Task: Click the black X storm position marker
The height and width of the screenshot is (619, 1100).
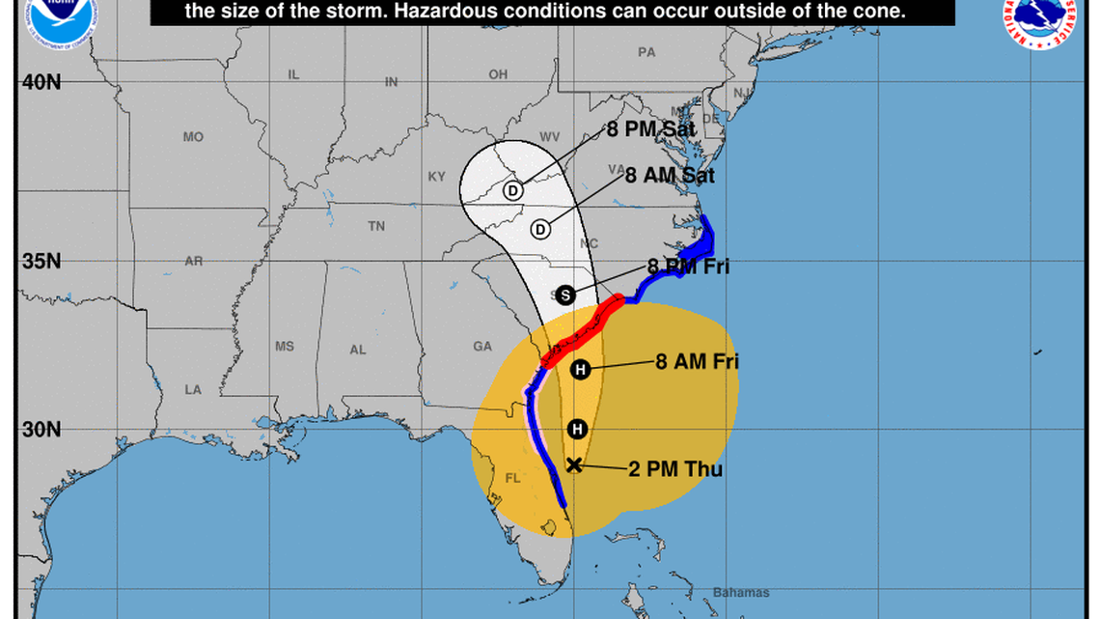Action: coord(574,464)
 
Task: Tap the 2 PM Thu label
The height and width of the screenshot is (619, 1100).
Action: coord(674,469)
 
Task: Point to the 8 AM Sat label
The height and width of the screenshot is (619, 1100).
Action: coord(670,176)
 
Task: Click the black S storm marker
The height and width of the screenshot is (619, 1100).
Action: coord(565,295)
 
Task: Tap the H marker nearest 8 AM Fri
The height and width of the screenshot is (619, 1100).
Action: coord(580,369)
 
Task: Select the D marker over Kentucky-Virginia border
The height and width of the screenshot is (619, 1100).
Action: coord(513,191)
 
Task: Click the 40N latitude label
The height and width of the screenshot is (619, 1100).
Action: coord(41,82)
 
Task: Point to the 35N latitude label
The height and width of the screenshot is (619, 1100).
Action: coord(41,262)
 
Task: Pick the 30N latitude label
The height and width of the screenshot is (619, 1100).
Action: coord(41,430)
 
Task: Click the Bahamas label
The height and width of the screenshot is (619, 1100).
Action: coord(741,592)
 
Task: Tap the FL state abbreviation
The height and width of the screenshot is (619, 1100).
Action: coord(511,478)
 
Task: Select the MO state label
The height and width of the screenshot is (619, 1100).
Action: coord(193,137)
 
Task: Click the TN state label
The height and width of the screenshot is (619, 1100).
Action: coord(376,226)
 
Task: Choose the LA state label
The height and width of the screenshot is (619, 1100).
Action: coord(194,389)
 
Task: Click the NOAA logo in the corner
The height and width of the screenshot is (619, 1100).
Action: coord(52,13)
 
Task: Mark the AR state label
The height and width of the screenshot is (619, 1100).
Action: coord(194,262)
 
